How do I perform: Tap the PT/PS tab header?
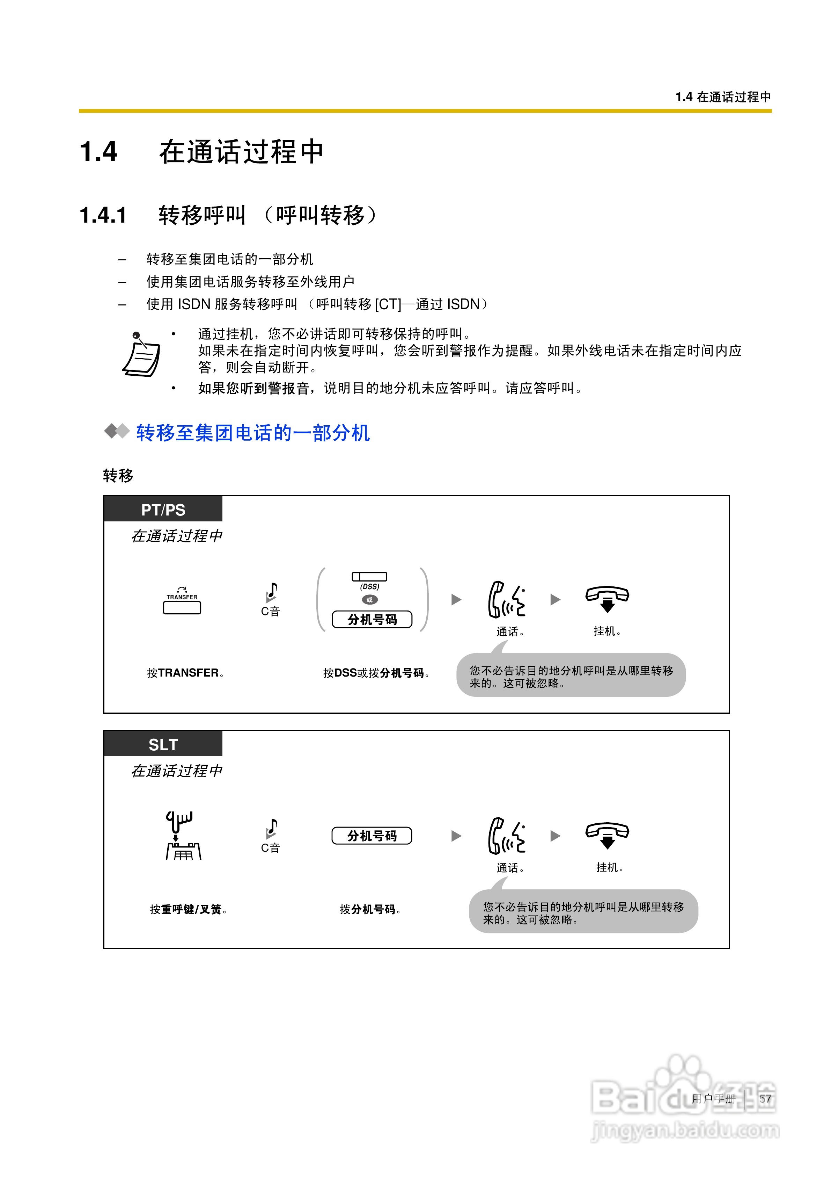tap(163, 510)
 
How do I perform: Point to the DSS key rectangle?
tap(369, 577)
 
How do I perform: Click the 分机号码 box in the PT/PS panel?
tap(372, 620)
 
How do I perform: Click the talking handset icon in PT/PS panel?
tap(506, 599)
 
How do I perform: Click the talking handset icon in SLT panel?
tap(506, 836)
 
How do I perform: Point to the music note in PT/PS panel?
tap(272, 592)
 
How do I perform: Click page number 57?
tap(765, 1099)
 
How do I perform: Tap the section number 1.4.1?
tap(103, 215)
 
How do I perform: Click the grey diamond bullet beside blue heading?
tap(116, 431)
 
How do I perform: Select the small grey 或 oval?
tap(369, 600)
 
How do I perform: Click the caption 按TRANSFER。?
tap(185, 673)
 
